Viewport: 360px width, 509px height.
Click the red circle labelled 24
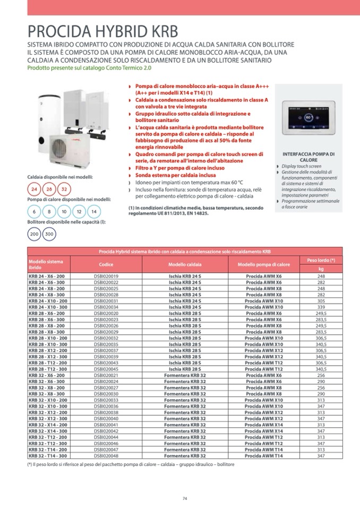pyautogui.click(x=35, y=189)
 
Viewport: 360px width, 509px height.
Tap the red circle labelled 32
pyautogui.click(x=64, y=189)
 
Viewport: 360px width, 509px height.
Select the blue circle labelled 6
pyautogui.click(x=35, y=211)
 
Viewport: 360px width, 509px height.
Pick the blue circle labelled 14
pyautogui.click(x=93, y=211)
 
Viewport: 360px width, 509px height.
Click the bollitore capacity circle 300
pyautogui.click(x=49, y=234)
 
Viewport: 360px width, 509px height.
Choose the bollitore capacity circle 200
pyautogui.click(x=35, y=234)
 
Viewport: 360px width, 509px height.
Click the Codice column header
pyautogui.click(x=106, y=264)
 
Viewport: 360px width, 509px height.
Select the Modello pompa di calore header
pyautogui.click(x=263, y=264)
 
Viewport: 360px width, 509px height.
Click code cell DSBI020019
pyautogui.click(x=106, y=277)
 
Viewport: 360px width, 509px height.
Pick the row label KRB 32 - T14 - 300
pyautogui.click(x=48, y=455)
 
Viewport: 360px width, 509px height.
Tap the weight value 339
pyautogui.click(x=321, y=307)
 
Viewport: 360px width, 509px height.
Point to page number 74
pyautogui.click(x=185, y=498)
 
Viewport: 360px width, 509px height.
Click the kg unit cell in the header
pyautogui.click(x=321, y=269)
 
